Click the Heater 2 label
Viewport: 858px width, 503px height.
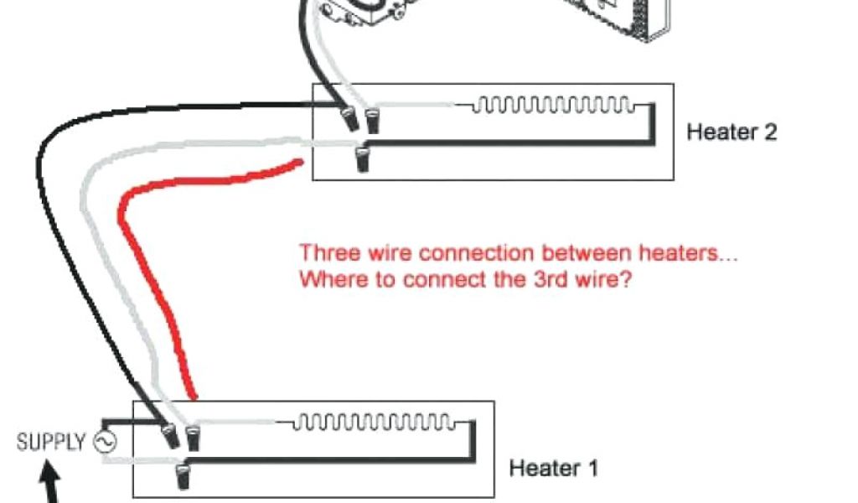click(x=731, y=132)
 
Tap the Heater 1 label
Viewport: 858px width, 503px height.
click(x=553, y=467)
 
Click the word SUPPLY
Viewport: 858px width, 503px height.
click(x=51, y=442)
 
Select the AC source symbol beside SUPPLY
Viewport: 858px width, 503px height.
click(x=105, y=442)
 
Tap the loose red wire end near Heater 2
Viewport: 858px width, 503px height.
click(x=296, y=162)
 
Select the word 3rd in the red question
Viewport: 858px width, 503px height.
click(x=550, y=279)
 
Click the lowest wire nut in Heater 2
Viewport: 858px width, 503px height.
click(x=362, y=158)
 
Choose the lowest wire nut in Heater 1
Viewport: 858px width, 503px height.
click(x=182, y=477)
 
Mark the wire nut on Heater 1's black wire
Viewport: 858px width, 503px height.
click(x=172, y=436)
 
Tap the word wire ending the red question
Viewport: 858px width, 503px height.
click(x=600, y=279)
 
